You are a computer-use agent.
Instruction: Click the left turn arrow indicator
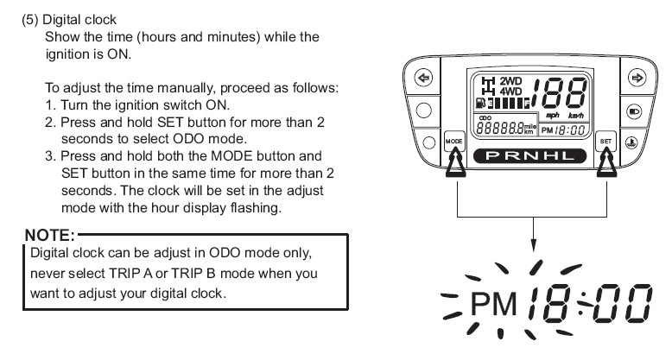coord(423,78)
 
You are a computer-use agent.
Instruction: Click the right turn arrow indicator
coord(637,78)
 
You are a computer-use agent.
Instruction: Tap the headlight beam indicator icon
coord(634,111)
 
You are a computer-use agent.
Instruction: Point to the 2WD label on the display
coord(510,81)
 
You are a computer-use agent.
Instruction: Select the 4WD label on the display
coord(510,91)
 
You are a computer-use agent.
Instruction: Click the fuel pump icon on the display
coord(480,103)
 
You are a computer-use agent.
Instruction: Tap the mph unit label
coord(553,116)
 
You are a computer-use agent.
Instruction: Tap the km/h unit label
coord(575,116)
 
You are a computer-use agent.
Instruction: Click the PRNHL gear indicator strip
coord(529,156)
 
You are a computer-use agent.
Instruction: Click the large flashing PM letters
coord(493,304)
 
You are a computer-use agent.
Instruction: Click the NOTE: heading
coord(50,236)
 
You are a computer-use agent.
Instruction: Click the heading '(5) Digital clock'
coord(69,20)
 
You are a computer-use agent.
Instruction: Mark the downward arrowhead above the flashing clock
coord(533,245)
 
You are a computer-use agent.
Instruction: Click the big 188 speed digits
coord(559,93)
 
